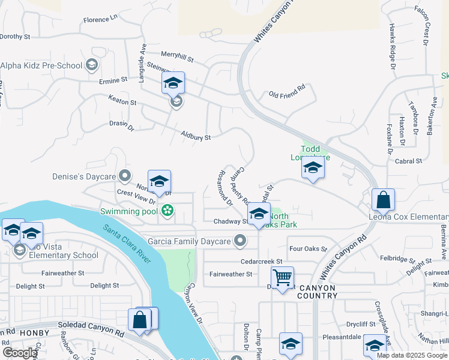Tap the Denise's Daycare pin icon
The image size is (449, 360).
point(125,175)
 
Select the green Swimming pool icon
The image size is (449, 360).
point(167,211)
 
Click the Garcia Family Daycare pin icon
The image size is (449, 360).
point(240,241)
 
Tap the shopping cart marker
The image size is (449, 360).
point(282,277)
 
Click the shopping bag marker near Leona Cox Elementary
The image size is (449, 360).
point(382,199)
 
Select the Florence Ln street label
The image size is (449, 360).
point(101,20)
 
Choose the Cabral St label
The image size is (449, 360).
point(409,161)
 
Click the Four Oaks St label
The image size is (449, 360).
point(307,248)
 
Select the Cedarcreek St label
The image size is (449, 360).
point(261,262)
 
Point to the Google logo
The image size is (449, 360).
point(20,353)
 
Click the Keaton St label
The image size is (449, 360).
point(122,102)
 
